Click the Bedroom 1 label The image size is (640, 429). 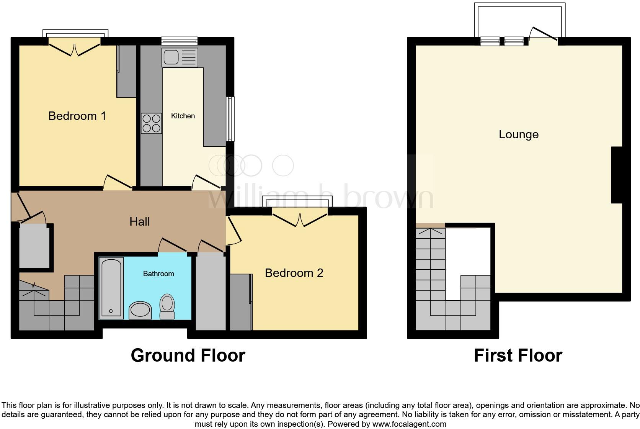pos(77,116)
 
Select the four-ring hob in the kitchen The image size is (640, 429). pos(151,123)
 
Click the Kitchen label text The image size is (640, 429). pos(183,116)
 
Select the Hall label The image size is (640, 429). pos(139,221)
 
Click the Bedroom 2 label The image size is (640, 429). pos(294,273)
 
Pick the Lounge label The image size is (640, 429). pos(518,134)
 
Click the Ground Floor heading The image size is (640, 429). pos(188,355)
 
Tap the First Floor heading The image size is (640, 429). pos(518,355)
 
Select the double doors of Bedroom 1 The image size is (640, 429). pos(75,49)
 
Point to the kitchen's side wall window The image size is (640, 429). pos(230,119)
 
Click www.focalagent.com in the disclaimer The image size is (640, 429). pos(409,424)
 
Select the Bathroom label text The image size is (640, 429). pos(158,273)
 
